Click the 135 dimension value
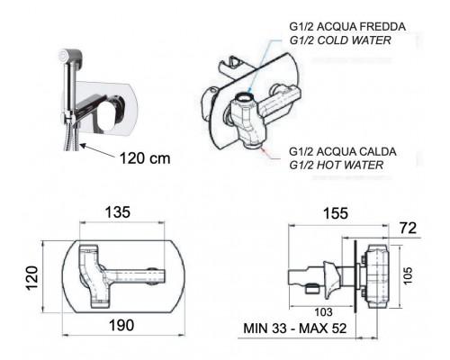[118, 212]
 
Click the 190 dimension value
[121, 325]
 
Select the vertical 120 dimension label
[32, 278]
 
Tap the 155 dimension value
[336, 213]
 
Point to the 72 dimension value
[408, 229]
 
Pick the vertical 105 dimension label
[408, 275]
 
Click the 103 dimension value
[323, 312]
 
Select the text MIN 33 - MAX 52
[295, 328]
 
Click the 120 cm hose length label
[145, 158]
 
